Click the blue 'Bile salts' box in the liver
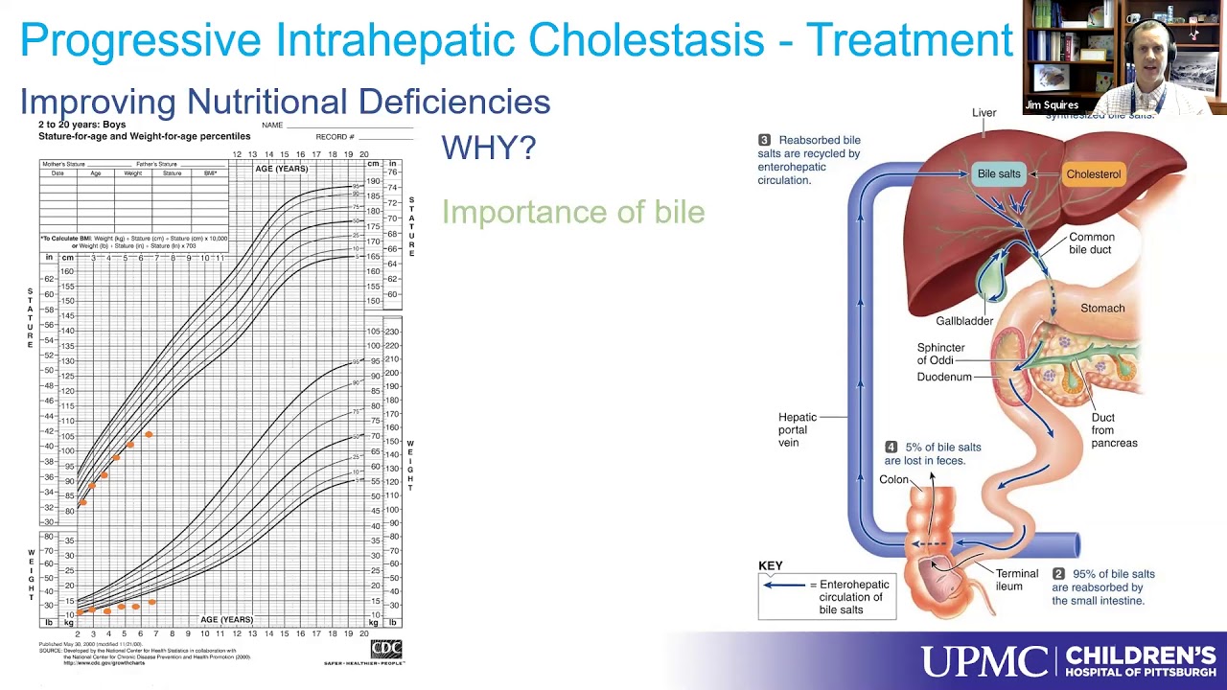(998, 174)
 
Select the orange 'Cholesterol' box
(1093, 174)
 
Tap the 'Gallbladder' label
(964, 321)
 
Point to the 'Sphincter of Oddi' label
(940, 354)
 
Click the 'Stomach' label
(1102, 308)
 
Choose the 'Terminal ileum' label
(1016, 580)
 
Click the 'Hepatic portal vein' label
(798, 429)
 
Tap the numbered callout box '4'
(891, 448)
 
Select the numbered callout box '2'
(1058, 574)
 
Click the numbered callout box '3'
(764, 140)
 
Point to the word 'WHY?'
(488, 148)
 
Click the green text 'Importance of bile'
(572, 212)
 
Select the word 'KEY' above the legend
(771, 565)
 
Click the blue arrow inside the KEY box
(784, 585)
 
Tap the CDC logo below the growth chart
(386, 650)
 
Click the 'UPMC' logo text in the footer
(984, 661)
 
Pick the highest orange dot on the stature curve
(149, 435)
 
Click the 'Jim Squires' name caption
(1052, 105)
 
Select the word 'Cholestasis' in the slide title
(646, 40)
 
